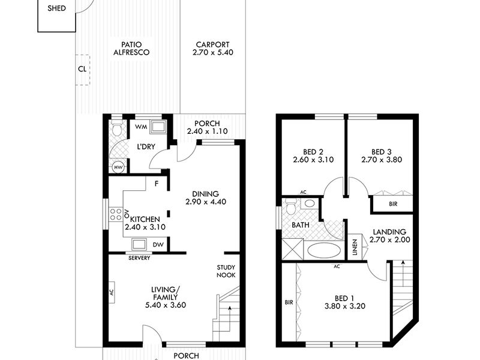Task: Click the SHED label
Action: pos(56,8)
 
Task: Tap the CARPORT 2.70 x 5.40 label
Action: pos(213,49)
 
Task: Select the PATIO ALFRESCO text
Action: pos(131,49)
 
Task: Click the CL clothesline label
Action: pos(82,69)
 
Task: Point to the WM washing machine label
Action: pos(141,127)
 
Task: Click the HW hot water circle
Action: pos(118,167)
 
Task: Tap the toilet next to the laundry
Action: pos(116,129)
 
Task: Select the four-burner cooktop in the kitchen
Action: pos(116,214)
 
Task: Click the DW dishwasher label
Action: pos(158,245)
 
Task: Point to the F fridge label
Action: pos(157,184)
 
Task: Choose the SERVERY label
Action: pos(139,258)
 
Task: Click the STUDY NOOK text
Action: pos(226,271)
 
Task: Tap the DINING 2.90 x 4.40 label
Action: pos(206,198)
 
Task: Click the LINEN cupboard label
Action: pos(355,247)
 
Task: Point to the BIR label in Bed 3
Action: pos(393,204)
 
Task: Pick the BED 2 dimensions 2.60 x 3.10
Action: pos(313,160)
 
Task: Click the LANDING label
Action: pos(389,232)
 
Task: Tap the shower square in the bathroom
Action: pos(293,250)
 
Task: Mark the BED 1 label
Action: pos(344,298)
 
